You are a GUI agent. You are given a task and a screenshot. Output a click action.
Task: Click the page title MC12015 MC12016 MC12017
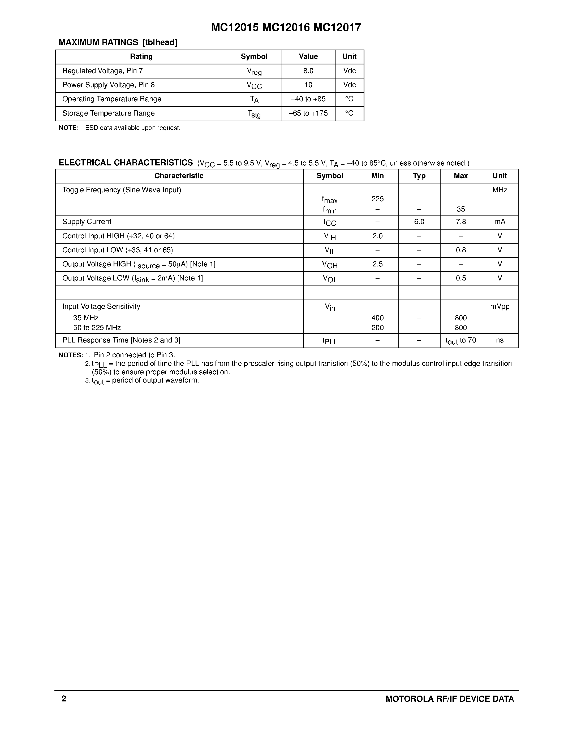(x=286, y=27)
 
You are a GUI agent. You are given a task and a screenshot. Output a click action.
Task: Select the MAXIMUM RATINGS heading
(x=98, y=42)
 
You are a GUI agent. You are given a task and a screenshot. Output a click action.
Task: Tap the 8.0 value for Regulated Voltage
(x=308, y=71)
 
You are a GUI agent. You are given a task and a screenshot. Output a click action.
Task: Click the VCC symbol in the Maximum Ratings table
(x=254, y=85)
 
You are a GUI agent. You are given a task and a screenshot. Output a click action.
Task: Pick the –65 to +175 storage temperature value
(x=308, y=113)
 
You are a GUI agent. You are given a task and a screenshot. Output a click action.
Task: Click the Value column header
(x=308, y=56)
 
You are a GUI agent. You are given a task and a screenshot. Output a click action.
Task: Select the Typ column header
(x=419, y=176)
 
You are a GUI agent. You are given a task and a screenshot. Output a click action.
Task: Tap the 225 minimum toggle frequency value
(x=378, y=199)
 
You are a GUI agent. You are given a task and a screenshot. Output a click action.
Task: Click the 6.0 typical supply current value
(x=419, y=222)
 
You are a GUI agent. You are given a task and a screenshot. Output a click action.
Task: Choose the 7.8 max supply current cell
(x=461, y=222)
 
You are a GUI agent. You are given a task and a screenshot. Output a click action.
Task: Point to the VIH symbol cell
(x=330, y=236)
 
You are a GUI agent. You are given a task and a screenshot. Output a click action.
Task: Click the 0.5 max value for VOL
(x=461, y=278)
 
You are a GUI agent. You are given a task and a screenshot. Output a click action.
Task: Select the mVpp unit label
(x=500, y=306)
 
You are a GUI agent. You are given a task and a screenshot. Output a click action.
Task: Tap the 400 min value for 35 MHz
(x=378, y=318)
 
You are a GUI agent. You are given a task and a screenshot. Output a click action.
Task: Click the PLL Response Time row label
(x=121, y=340)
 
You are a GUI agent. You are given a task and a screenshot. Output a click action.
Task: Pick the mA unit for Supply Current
(x=500, y=222)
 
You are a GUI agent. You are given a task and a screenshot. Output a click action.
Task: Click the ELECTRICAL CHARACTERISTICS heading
(x=126, y=163)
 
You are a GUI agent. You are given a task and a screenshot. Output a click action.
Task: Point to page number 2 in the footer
(x=64, y=699)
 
